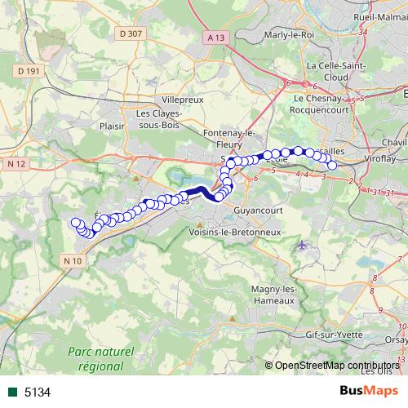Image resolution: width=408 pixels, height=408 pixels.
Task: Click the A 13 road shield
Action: point(215,38)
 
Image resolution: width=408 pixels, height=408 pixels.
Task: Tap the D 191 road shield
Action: point(28,71)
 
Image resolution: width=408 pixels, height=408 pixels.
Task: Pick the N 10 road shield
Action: point(73,260)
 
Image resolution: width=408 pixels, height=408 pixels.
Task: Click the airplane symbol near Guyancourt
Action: point(303,244)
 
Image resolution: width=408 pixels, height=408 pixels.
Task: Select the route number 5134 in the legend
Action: point(38,392)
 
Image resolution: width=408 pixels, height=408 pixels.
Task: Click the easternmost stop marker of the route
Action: point(332,166)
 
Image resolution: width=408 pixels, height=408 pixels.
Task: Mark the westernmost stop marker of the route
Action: point(75,222)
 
